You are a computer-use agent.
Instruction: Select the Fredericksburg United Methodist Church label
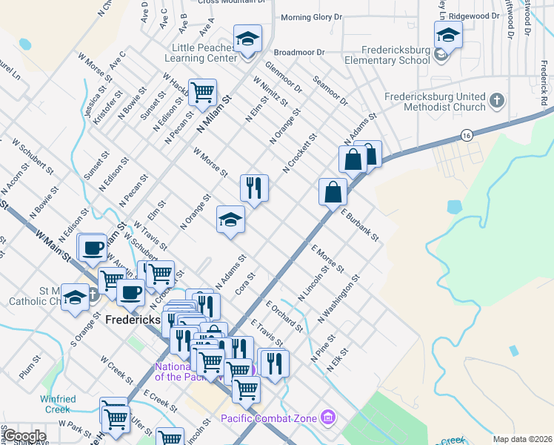pos(435,102)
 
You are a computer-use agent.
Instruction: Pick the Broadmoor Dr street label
pos(300,53)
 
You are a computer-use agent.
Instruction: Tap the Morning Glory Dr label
pos(312,16)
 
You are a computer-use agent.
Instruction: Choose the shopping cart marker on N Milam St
pos(202,93)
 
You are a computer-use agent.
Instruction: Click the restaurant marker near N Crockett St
pos(254,188)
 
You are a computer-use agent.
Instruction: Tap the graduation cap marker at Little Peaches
pos(247,39)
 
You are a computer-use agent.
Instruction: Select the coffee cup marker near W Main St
pos(93,248)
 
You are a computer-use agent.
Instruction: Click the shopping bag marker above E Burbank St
pos(333,192)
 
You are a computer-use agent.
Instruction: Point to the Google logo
pos(24,436)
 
